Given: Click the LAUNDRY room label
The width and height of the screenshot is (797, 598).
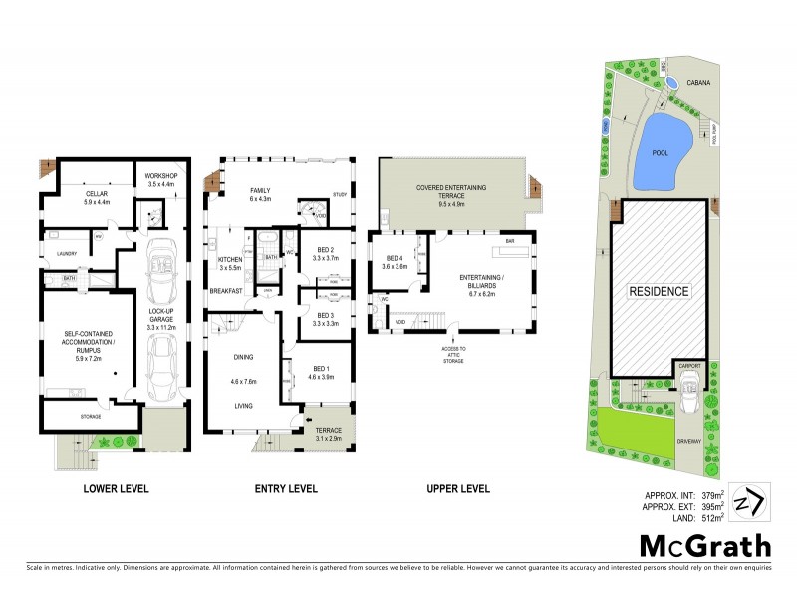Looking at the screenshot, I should click(67, 254).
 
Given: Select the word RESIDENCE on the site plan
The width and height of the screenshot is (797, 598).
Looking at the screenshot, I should click(659, 292).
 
